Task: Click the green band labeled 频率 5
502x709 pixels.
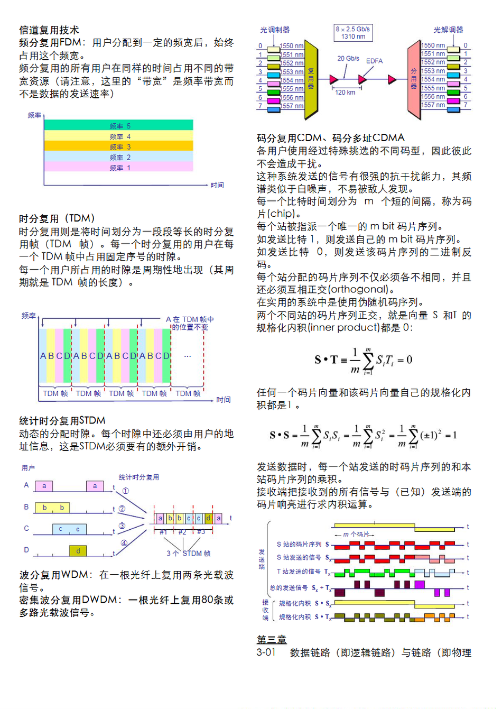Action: pos(118,125)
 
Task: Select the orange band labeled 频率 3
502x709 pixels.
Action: pos(118,146)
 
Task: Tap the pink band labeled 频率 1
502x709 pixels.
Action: pos(118,167)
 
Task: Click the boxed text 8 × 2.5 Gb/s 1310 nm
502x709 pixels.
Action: pos(353,33)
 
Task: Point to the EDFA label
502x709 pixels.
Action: pos(374,61)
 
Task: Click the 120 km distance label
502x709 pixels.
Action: pos(345,92)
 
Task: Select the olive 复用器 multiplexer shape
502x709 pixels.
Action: pos(311,79)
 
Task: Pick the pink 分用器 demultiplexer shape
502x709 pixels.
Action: pos(413,79)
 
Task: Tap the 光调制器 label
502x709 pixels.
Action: pos(275,30)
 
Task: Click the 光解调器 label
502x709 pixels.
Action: pos(448,30)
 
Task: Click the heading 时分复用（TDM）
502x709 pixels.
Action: pos(57,218)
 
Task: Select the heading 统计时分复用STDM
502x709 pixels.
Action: pos(62,420)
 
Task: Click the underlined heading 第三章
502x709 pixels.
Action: pos(271,639)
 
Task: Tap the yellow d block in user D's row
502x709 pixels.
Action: pos(78,551)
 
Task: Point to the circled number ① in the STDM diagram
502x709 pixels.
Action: pos(125,491)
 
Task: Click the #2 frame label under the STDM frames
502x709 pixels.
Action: pos(182,532)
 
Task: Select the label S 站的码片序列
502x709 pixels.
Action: pos(299,544)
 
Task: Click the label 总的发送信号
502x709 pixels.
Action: pos(289,587)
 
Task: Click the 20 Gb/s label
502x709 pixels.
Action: pos(348,59)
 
